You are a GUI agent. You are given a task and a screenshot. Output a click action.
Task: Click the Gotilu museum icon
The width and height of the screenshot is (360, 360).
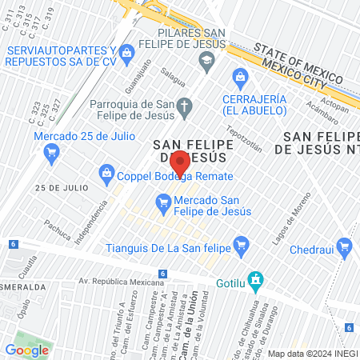coord(255,280)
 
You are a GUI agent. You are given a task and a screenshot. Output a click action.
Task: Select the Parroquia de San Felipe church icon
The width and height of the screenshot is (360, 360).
coord(184,105)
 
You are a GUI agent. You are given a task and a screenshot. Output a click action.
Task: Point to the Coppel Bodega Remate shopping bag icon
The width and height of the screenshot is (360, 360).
coord(106,172)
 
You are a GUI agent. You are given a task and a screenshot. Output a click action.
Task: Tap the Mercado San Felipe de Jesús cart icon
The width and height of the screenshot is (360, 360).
coord(163,204)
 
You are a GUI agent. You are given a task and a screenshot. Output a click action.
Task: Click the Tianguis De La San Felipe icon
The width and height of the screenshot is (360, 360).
coord(239,243)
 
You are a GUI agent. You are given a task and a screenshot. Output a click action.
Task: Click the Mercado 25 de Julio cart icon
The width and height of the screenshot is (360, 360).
coord(52,157)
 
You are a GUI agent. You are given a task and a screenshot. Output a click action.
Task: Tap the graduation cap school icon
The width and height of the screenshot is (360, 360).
coord(206,60)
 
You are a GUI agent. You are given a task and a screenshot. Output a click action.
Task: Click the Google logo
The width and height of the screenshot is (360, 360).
coord(27,350)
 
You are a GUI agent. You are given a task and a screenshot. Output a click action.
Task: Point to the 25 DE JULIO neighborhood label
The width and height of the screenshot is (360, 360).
coord(60,187)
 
